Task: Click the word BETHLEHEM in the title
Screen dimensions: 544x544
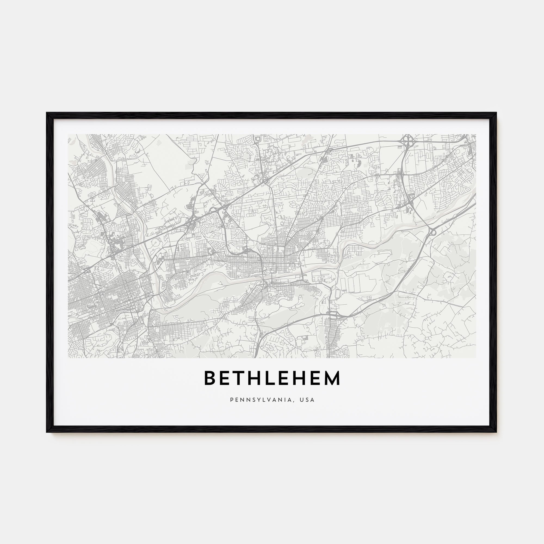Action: pyautogui.click(x=272, y=378)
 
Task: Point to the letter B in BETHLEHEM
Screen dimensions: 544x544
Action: pyautogui.click(x=209, y=378)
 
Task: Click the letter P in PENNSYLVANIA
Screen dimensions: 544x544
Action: pyautogui.click(x=232, y=400)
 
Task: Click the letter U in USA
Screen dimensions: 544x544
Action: pyautogui.click(x=302, y=400)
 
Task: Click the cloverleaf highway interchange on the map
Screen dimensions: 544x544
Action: pyautogui.click(x=407, y=140)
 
